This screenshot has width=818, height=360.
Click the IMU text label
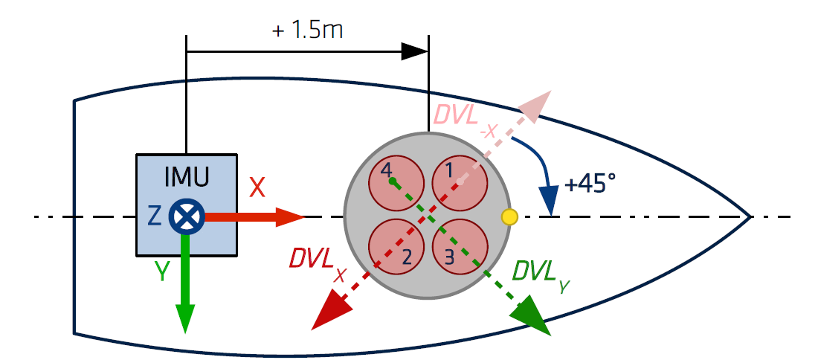tap(186, 176)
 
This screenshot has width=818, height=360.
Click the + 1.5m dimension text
tap(307, 31)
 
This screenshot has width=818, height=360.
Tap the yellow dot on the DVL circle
tap(509, 216)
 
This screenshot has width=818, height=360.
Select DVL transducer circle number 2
tap(396, 246)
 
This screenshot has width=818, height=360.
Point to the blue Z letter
tap(154, 216)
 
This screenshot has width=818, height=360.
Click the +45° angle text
tap(590, 184)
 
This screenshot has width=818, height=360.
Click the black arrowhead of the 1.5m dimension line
tap(415, 51)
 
